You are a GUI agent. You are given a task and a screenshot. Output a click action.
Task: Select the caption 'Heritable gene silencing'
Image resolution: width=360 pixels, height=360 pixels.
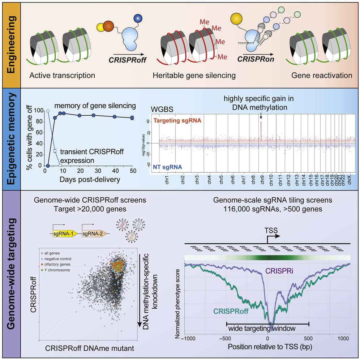pos(194,76)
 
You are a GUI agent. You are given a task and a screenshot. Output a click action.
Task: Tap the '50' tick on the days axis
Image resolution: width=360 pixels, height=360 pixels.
pos(133,170)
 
